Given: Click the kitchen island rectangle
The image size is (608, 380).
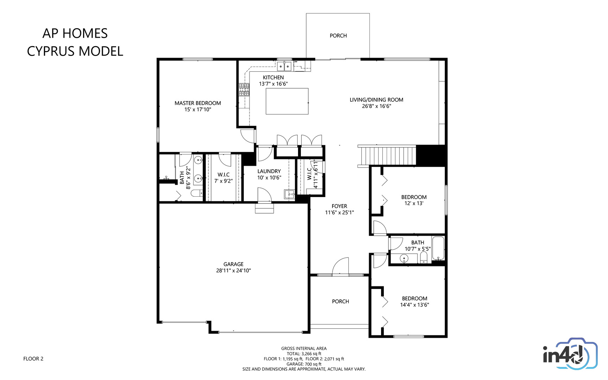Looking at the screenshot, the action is point(287,101).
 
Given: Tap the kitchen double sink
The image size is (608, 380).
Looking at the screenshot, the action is point(284,66).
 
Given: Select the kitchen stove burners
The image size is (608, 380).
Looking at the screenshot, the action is point(244,90).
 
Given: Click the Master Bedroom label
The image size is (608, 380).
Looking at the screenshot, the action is point(198,103).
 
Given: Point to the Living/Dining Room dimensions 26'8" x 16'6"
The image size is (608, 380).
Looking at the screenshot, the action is point(376,106).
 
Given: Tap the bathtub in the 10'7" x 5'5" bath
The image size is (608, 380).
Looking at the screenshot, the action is point(438,248).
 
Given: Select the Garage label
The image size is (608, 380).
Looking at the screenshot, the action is point(234,264).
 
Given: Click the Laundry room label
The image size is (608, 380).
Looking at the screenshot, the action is point(269,171).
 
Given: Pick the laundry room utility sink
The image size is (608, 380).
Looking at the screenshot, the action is point(290,194).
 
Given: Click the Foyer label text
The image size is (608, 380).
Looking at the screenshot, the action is point(340,206).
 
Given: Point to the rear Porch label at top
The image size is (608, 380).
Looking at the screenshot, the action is point(338,36).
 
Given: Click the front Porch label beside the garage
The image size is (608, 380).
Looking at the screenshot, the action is point(341,302).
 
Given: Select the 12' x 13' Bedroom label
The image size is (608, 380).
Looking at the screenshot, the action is point(414,197).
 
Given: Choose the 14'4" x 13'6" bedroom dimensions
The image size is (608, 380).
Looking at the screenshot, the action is point(415,305).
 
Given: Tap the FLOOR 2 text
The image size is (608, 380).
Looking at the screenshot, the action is point(33,359).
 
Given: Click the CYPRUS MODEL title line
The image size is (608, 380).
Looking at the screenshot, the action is point(75,51).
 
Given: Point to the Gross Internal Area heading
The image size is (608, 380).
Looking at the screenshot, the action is point(304,349).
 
